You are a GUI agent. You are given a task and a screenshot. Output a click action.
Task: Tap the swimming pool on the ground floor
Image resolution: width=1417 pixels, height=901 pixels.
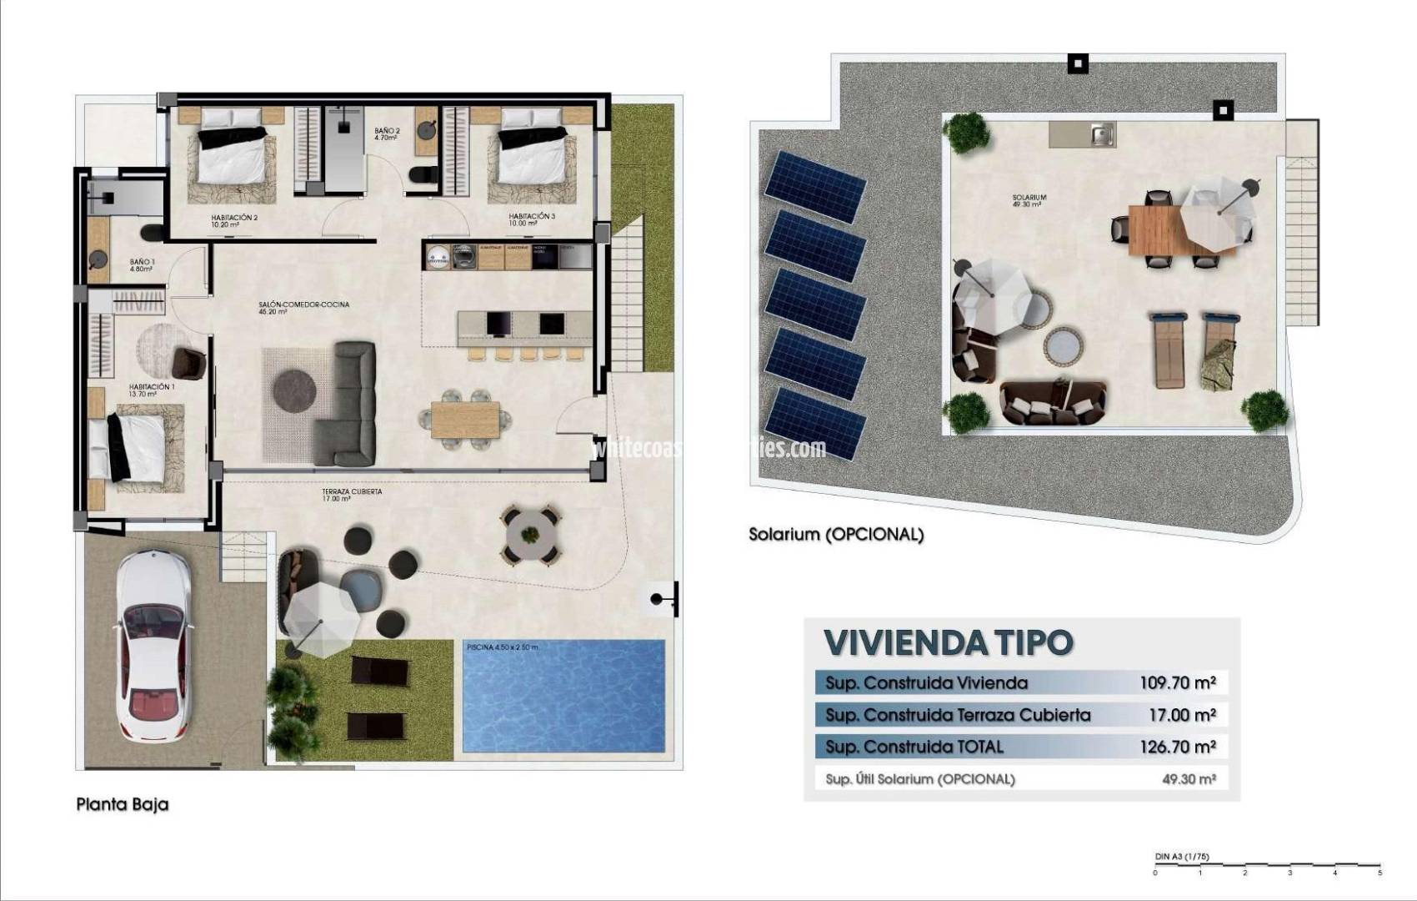click(x=563, y=696)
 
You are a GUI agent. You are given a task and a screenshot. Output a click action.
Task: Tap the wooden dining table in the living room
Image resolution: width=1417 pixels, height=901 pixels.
click(x=465, y=420)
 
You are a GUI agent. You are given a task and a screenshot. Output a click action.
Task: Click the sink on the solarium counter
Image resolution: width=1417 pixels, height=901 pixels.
click(x=1102, y=134)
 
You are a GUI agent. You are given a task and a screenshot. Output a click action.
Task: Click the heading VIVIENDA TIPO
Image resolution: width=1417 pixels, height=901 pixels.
click(x=948, y=642)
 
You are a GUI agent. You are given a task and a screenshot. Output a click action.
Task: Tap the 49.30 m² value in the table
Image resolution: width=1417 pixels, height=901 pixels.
click(x=1189, y=779)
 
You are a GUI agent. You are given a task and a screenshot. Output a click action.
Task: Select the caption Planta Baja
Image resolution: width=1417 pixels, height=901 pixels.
click(x=123, y=804)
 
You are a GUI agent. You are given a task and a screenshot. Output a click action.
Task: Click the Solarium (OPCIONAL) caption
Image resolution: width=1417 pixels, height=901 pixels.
click(x=836, y=534)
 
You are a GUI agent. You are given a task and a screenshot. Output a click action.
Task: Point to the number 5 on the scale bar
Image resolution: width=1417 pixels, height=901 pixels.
click(x=1379, y=873)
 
